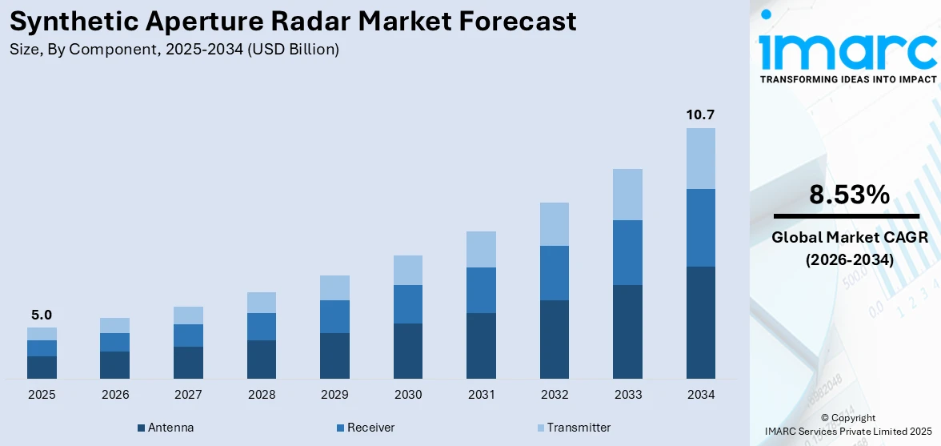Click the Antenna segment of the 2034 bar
[700, 322]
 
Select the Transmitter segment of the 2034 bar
[700, 159]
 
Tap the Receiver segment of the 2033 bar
[627, 252]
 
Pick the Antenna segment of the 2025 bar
[42, 367]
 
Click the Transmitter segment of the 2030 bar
[407, 270]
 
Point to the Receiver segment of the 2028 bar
[262, 327]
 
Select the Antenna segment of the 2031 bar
[481, 345]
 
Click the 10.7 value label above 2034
[700, 115]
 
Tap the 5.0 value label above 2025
[42, 315]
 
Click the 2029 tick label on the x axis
[334, 395]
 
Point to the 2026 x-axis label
[115, 395]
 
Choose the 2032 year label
[555, 395]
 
